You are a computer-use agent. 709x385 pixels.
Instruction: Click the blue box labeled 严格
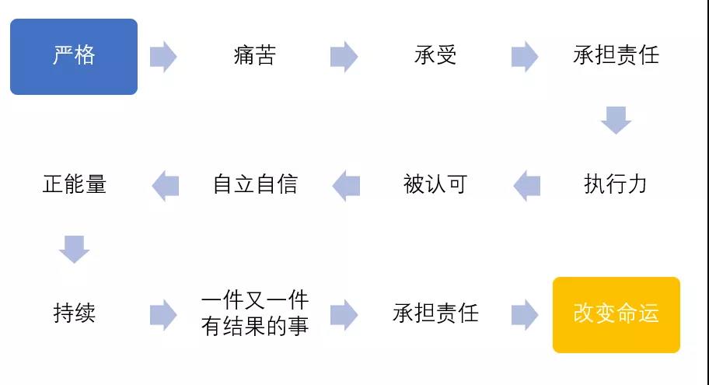[x=74, y=57]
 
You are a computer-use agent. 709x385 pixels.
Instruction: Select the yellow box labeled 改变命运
[x=616, y=315]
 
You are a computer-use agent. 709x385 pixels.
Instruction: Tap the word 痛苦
[x=254, y=56]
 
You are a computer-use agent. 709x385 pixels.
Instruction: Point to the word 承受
[x=435, y=56]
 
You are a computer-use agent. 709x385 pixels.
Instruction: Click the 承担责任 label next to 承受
[x=616, y=56]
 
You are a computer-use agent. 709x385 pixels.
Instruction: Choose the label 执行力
[x=616, y=184]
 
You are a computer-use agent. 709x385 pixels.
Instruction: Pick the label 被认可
[x=435, y=184]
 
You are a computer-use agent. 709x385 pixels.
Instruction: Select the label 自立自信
[x=255, y=184]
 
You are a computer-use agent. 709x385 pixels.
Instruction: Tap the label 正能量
[x=75, y=184]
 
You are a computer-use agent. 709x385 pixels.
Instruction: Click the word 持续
[x=75, y=313]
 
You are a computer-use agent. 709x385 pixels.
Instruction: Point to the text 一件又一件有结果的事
[x=255, y=313]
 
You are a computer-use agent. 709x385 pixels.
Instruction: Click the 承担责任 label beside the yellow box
[x=435, y=313]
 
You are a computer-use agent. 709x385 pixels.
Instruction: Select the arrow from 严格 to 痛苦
[x=163, y=57]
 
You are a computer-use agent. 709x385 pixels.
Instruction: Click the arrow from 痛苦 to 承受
[x=344, y=57]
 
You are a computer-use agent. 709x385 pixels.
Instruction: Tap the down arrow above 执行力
[x=616, y=121]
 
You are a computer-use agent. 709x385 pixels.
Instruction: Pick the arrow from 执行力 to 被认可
[x=527, y=185]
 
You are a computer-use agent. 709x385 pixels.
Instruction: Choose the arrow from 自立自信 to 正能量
[x=166, y=185]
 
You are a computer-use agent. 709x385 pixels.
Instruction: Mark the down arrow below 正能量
[x=74, y=249]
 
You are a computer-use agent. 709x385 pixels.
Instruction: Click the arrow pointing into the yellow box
[x=525, y=314]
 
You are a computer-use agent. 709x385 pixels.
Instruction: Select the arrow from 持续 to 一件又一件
[x=163, y=314]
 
